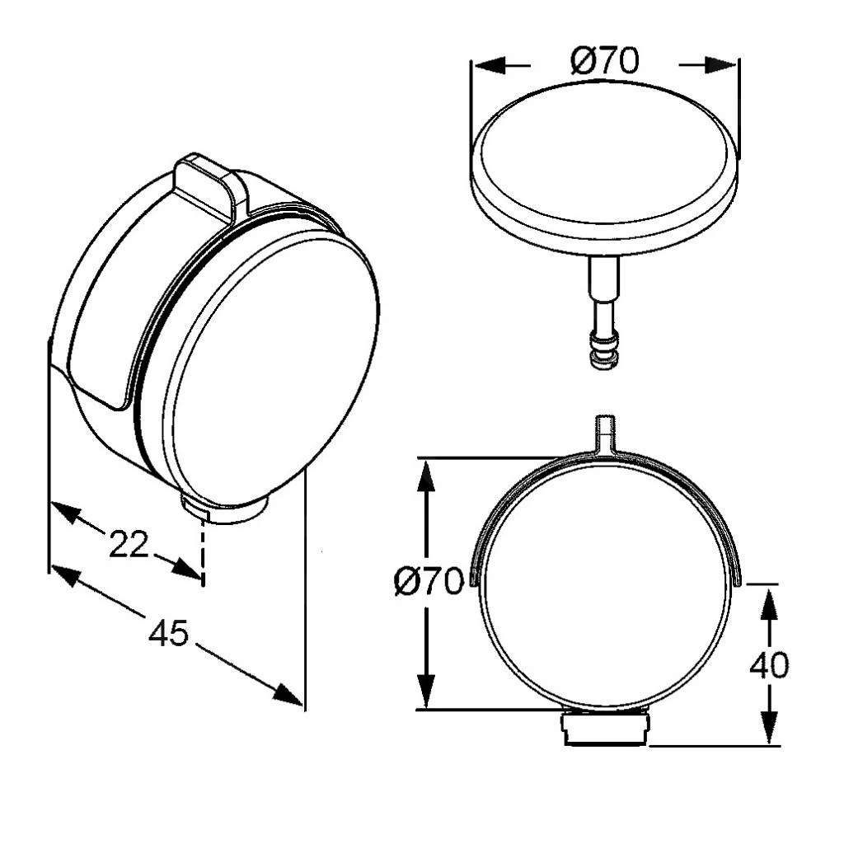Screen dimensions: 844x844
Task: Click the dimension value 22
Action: pyautogui.click(x=128, y=544)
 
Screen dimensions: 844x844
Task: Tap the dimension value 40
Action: pyautogui.click(x=769, y=665)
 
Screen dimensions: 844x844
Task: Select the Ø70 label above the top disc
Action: pyautogui.click(x=605, y=60)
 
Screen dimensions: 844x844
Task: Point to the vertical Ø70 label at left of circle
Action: pyautogui.click(x=429, y=581)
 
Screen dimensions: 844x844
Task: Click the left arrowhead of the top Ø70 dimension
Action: pyautogui.click(x=490, y=65)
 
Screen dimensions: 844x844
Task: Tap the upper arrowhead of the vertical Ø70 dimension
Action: pyautogui.click(x=426, y=476)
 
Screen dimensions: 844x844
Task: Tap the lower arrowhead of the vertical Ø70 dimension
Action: pyautogui.click(x=426, y=692)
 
